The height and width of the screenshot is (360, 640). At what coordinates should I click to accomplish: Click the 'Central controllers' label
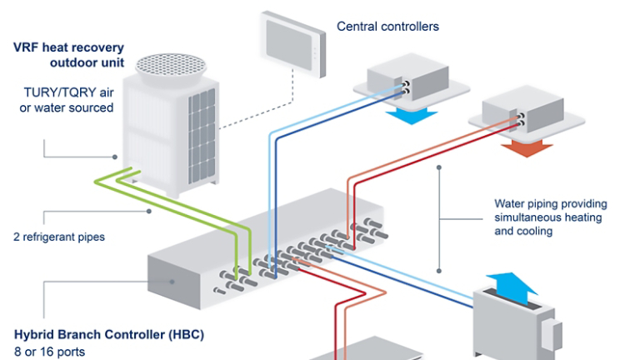click(387, 27)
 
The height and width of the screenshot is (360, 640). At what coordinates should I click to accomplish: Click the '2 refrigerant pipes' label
click(59, 237)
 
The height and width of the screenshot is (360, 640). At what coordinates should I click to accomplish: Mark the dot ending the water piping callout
click(439, 167)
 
